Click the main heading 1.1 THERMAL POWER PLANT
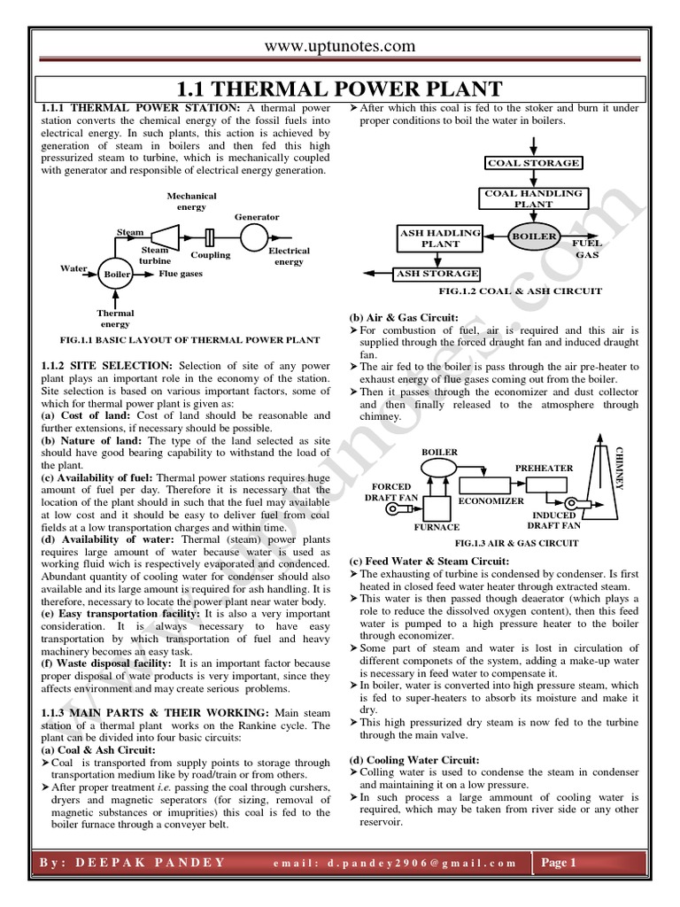(x=340, y=89)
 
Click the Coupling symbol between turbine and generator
(x=210, y=237)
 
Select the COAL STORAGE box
(x=534, y=163)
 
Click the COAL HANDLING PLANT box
(x=534, y=198)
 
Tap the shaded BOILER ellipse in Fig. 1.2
(x=534, y=236)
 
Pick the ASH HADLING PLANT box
(x=440, y=237)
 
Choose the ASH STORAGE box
(x=437, y=274)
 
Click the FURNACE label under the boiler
(x=438, y=527)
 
